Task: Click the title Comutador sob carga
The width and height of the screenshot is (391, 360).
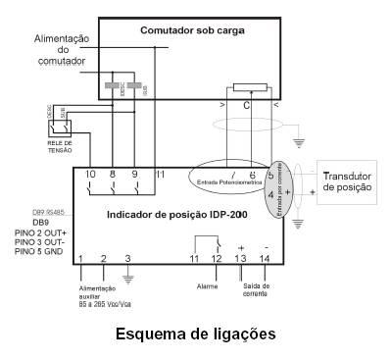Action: tap(194, 30)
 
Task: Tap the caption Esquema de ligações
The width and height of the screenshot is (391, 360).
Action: tap(195, 334)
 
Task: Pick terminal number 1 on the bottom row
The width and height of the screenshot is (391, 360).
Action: tap(79, 258)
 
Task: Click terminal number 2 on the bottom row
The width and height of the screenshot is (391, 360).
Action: tap(103, 258)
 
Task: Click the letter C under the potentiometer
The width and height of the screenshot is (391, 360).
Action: tap(246, 105)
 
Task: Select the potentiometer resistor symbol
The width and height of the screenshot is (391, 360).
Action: tap(246, 86)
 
